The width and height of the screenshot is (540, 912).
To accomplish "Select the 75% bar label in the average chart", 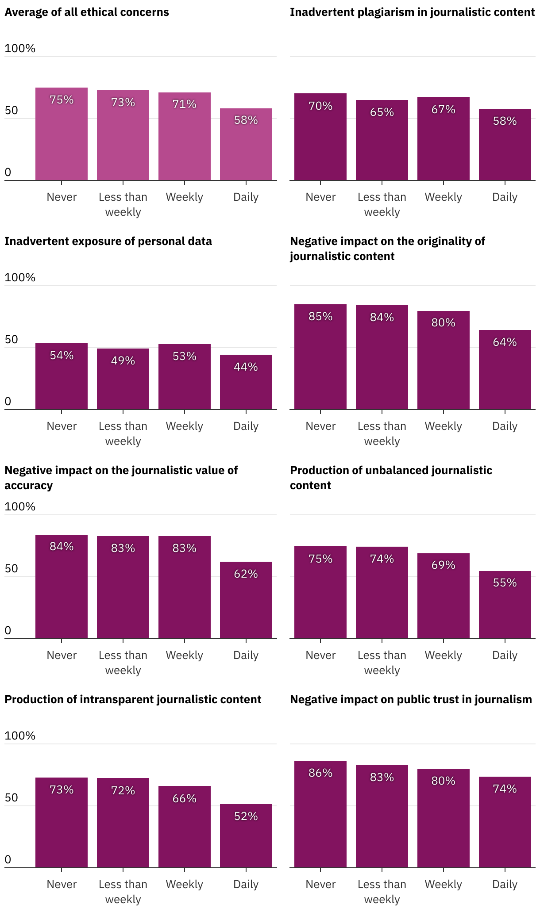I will (x=62, y=100).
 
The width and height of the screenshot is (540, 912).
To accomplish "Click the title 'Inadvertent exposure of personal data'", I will (x=108, y=241).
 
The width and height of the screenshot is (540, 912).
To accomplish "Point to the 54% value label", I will (x=62, y=356).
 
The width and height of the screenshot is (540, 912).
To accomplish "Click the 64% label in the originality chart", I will (x=505, y=342).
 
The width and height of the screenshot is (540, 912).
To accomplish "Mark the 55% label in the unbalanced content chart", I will (x=505, y=583).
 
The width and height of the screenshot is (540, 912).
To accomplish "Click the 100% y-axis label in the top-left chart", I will (x=20, y=49).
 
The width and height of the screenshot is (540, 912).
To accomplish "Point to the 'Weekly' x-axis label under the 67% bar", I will (x=444, y=197).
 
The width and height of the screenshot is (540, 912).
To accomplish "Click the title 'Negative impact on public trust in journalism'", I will (x=411, y=699).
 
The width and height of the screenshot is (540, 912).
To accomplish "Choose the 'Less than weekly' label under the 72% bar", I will (x=123, y=892).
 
